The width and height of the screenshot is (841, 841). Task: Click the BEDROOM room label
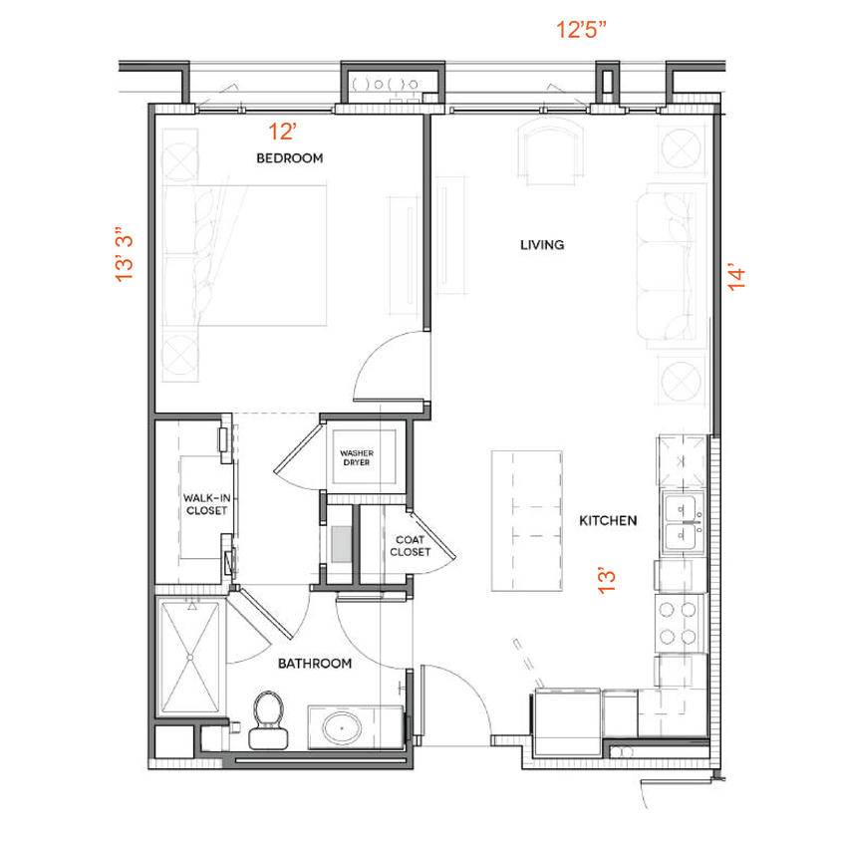click(x=289, y=157)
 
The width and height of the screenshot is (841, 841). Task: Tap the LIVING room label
click(x=542, y=244)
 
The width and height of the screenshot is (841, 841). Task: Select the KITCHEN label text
click(x=608, y=520)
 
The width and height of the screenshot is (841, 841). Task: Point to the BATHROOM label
click(x=314, y=663)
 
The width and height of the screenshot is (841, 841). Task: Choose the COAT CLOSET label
click(x=410, y=545)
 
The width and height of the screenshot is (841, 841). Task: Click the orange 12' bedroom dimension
click(x=283, y=130)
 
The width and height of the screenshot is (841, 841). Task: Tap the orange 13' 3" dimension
click(x=125, y=258)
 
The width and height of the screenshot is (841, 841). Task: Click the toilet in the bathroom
click(x=266, y=719)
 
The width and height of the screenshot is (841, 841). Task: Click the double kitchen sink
click(x=684, y=523)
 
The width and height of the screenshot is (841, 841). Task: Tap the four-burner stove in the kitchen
click(x=680, y=623)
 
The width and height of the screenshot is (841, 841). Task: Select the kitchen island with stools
click(x=526, y=519)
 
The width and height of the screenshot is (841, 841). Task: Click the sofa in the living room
click(x=675, y=265)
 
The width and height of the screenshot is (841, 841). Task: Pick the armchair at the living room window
click(x=549, y=154)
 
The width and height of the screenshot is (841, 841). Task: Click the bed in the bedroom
click(x=244, y=257)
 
